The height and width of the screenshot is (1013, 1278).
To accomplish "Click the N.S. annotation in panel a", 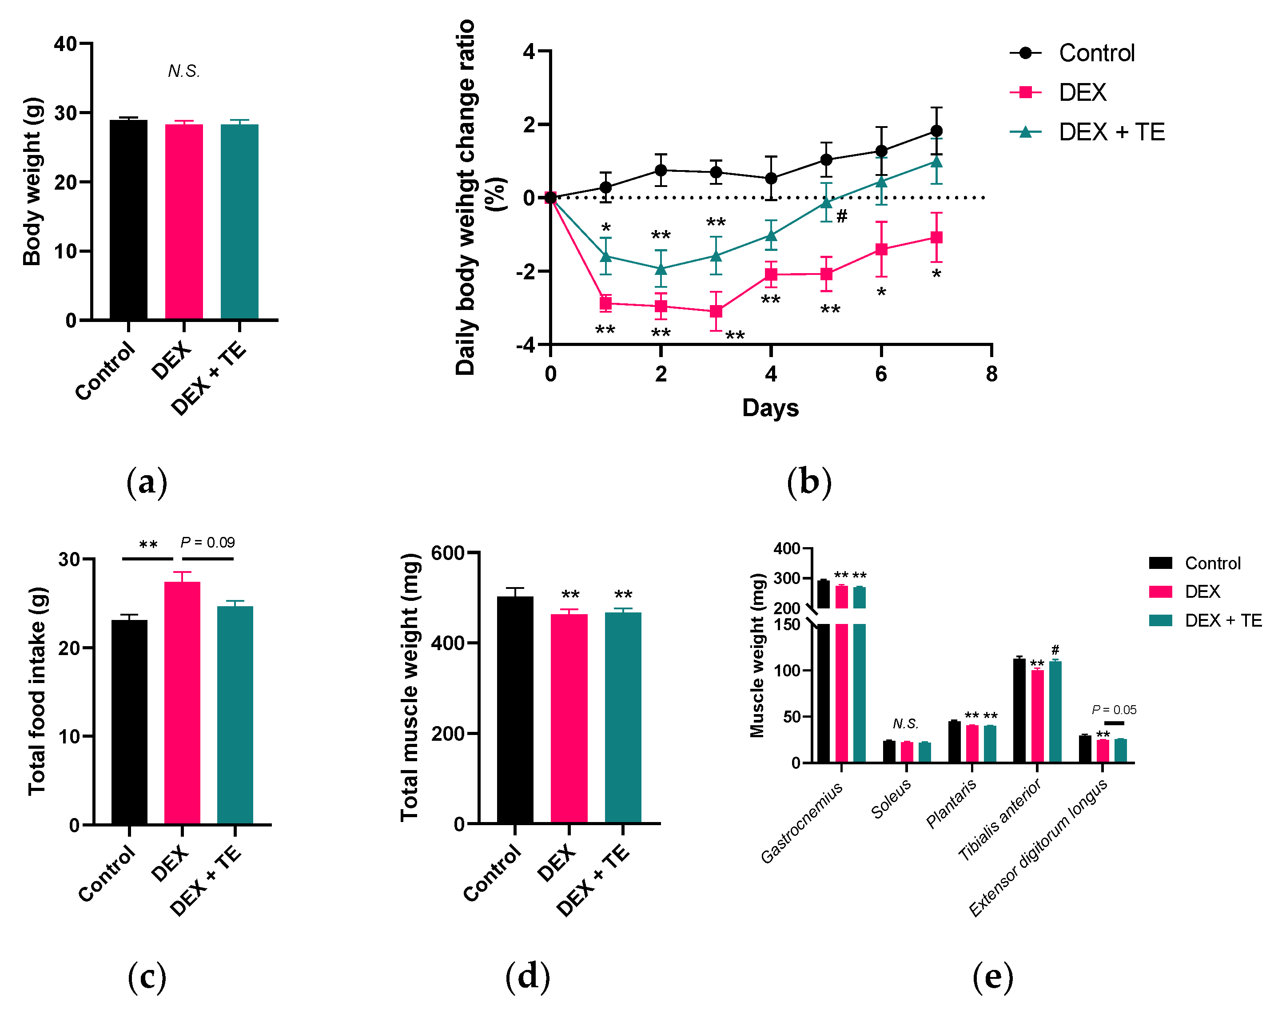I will [x=184, y=72].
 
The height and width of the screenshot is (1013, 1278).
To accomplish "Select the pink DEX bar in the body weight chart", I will [x=184, y=222].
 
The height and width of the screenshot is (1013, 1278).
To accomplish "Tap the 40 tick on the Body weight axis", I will [x=65, y=44].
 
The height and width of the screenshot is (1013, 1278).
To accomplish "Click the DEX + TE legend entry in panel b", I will [x=1111, y=131].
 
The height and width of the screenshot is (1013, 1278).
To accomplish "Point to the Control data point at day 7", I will [x=936, y=131].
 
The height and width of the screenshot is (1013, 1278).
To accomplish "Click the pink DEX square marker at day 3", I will [x=716, y=311].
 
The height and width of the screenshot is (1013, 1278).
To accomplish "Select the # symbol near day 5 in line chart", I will [x=842, y=216].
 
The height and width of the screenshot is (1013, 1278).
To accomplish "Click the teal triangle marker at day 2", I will [x=661, y=269].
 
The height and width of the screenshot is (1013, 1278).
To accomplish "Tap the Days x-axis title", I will [x=770, y=408].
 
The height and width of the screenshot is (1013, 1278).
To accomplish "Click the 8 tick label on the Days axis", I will [x=991, y=374].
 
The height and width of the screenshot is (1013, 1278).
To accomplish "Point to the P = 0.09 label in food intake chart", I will [x=207, y=542].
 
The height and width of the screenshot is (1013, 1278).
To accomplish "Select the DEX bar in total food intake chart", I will [x=182, y=703].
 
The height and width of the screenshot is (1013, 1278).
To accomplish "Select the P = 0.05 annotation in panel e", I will [x=1114, y=710].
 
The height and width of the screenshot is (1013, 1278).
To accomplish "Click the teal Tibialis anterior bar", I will [x=1055, y=711].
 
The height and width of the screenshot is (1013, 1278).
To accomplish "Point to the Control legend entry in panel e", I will [x=1212, y=563].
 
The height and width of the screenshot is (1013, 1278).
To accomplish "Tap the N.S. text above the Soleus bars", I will [x=905, y=724].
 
